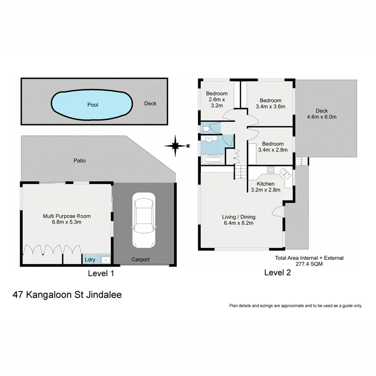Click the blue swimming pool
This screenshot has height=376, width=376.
[x=92, y=104]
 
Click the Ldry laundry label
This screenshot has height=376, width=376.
[x=90, y=260]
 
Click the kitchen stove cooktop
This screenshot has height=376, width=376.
[x=270, y=170]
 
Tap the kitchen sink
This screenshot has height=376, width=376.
[x=286, y=172]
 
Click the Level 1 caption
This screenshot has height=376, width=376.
[x=101, y=274]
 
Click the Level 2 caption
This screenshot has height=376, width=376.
[x=277, y=273]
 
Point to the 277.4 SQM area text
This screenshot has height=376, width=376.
[x=309, y=264]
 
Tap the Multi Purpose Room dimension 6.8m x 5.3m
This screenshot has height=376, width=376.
[x=67, y=222]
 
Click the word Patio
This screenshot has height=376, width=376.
[x=79, y=160]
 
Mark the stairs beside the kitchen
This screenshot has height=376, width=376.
[x=240, y=172]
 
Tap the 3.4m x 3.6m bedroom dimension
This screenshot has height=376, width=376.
[x=270, y=107]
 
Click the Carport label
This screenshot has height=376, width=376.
[x=140, y=259]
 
